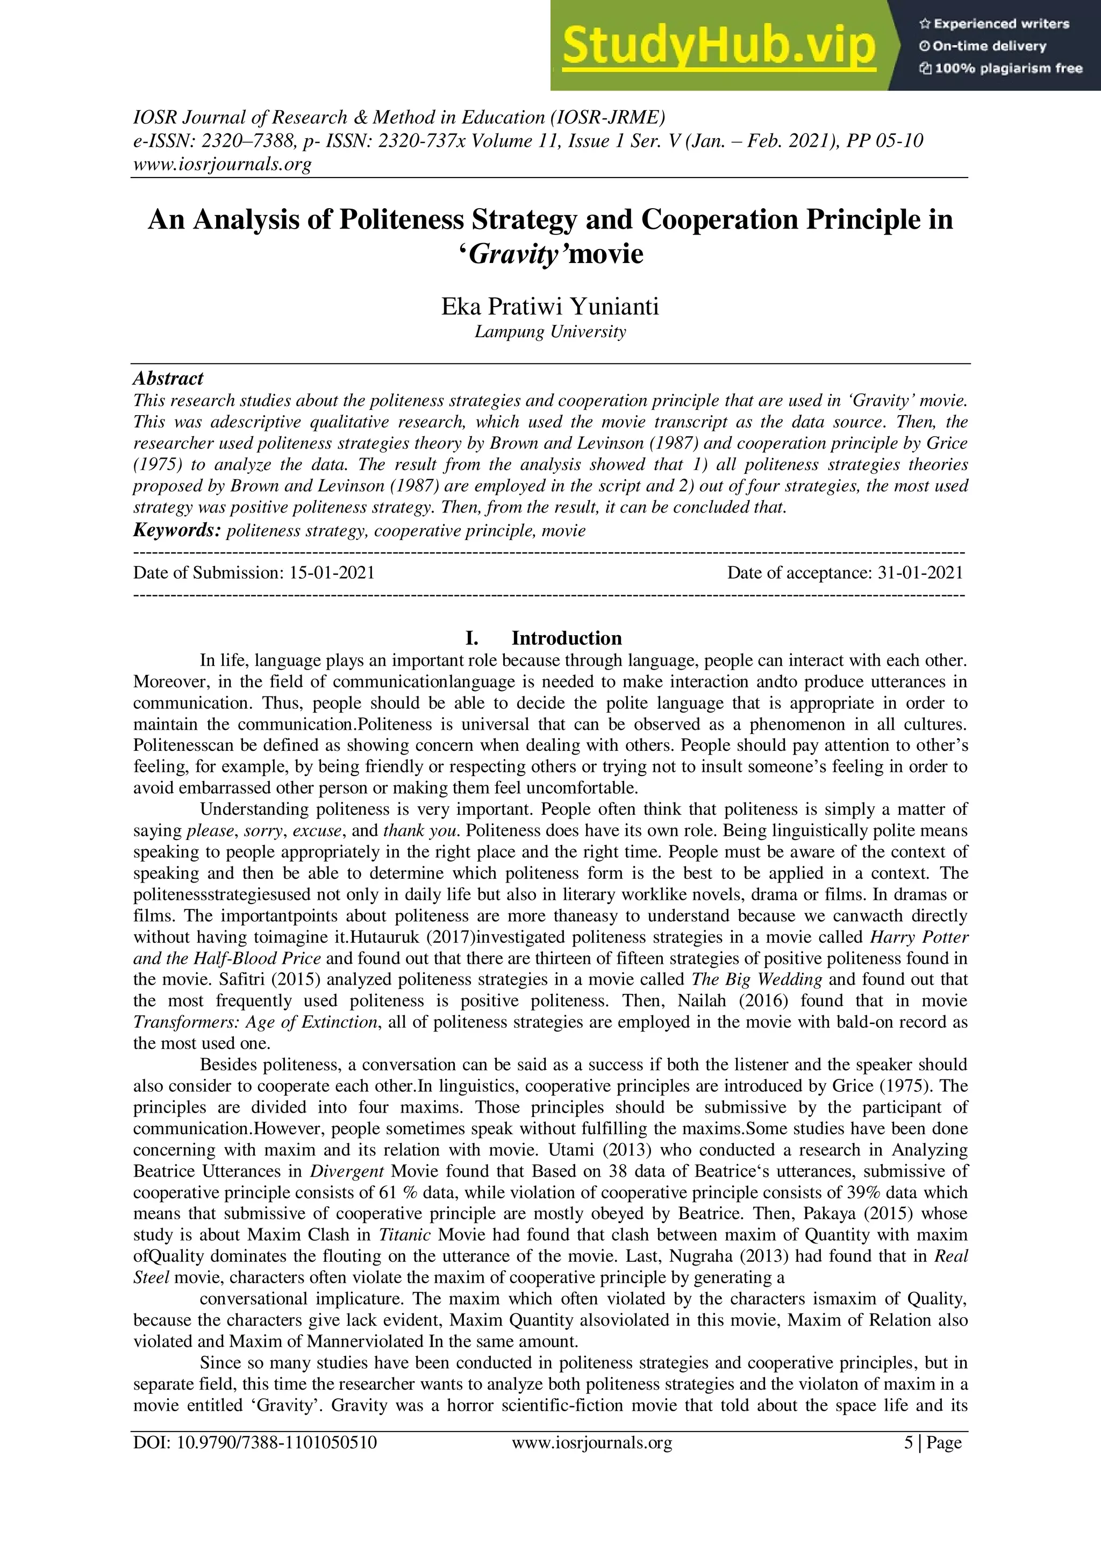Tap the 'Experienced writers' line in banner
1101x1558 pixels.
click(994, 24)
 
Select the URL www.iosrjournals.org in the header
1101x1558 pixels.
click(222, 164)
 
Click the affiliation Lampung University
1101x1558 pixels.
click(549, 332)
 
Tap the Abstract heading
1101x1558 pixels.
click(168, 379)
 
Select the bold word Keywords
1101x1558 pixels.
click(176, 530)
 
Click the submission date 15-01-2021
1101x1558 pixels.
click(332, 573)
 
